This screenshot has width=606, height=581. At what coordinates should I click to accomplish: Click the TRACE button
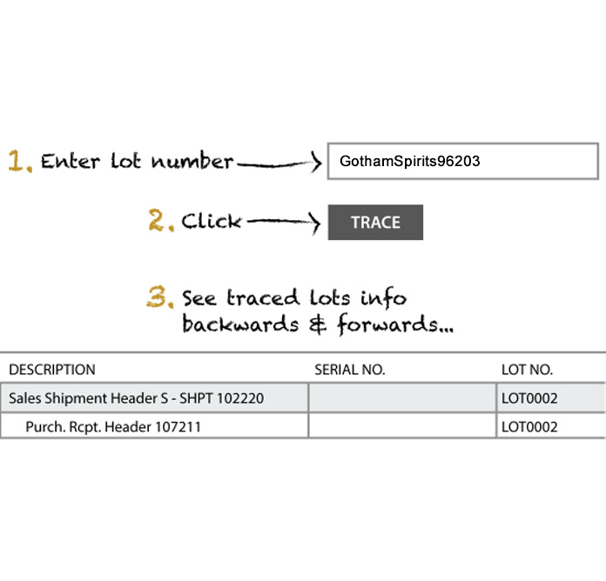(x=375, y=223)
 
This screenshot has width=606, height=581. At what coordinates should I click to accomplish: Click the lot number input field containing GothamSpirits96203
(x=463, y=161)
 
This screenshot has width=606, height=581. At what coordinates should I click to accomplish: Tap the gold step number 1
(x=19, y=161)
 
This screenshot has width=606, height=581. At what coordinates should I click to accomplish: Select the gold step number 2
(x=161, y=220)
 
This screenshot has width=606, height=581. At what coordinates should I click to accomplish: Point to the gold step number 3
(x=159, y=297)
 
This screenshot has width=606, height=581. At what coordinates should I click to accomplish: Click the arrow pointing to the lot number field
(x=279, y=163)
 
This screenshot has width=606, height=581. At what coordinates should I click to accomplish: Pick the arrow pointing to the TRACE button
(x=284, y=223)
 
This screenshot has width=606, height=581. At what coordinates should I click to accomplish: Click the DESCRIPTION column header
(x=52, y=370)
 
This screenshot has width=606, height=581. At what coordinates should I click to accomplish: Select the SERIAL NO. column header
(x=350, y=370)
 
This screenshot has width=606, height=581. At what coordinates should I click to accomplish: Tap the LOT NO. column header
(x=527, y=370)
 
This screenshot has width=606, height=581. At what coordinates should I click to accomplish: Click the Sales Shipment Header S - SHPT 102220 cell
(x=154, y=398)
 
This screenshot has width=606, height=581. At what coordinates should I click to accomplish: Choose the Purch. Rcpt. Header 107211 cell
(x=154, y=426)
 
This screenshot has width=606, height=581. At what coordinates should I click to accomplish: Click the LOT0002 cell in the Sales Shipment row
(x=551, y=398)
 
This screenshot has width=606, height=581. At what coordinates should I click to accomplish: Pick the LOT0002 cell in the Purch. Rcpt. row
(x=551, y=426)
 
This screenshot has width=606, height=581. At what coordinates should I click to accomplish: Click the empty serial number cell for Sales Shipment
(x=402, y=398)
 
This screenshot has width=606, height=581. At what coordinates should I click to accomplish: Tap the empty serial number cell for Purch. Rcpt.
(x=402, y=426)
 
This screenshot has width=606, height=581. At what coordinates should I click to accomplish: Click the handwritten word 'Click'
(x=212, y=221)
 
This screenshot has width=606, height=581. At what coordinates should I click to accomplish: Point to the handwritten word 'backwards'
(x=240, y=324)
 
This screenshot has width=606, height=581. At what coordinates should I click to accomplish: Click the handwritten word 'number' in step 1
(x=192, y=161)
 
